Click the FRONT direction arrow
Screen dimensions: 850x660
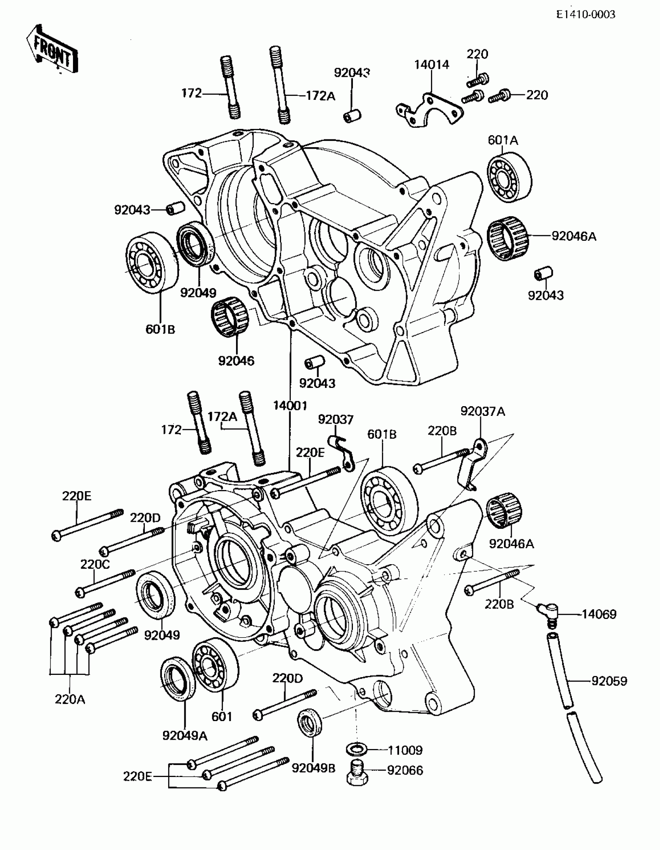[x=52, y=50]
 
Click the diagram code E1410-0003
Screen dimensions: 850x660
[x=585, y=15]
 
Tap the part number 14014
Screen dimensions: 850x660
[x=431, y=64]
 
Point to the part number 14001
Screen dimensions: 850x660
[x=290, y=405]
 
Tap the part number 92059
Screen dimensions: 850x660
[x=610, y=681]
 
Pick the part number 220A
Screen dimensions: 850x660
[x=70, y=699]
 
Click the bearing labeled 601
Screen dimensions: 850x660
[x=215, y=665]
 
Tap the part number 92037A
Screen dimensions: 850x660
[x=483, y=411]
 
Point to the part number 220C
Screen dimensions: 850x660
[x=95, y=564]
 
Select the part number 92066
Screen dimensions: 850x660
[x=405, y=771]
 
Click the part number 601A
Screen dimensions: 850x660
[x=503, y=140]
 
